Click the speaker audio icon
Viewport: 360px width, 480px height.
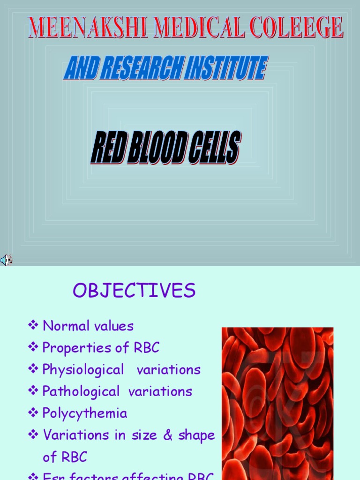6,260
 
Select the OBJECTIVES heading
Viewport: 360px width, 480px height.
134,291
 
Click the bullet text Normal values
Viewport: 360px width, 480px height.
88,326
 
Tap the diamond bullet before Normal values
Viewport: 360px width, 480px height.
33,325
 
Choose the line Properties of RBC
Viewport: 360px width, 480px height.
101,347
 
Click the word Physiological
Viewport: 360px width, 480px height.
83,369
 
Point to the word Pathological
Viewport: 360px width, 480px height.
81,391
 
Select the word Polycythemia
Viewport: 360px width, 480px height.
85,413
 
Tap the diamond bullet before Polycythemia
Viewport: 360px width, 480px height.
33,412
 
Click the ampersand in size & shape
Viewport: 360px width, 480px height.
168,435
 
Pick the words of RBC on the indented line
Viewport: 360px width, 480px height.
65,457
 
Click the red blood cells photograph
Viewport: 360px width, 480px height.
277,403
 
